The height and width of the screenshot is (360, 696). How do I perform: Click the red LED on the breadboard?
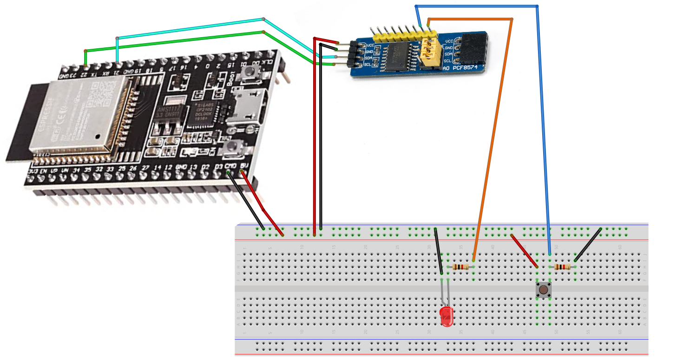coord(446,316)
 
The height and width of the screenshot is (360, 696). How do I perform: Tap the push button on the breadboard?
coord(543,289)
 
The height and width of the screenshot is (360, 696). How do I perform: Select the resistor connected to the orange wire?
coord(461,267)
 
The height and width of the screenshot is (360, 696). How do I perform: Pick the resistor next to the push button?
coord(563,267)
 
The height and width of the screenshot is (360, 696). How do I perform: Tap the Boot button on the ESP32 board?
coord(252,72)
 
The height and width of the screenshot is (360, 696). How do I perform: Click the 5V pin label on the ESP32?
coord(245,165)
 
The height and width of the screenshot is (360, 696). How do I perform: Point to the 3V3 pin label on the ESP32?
coord(33,172)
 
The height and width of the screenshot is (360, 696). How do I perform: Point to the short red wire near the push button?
coord(524,251)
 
